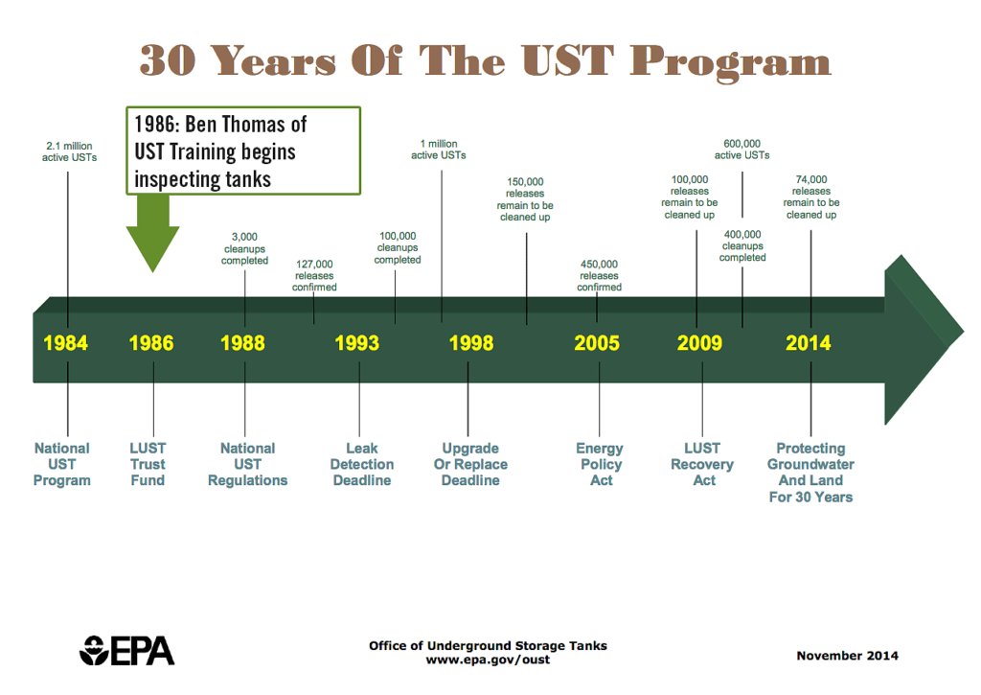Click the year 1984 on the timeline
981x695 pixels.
tap(66, 343)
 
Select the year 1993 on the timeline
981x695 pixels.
tap(356, 343)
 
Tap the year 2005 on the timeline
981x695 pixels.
tap(597, 343)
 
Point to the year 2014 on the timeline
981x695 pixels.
tap(809, 343)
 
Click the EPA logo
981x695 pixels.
tap(127, 651)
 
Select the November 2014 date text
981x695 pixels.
tap(847, 656)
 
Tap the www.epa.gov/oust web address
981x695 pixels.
tap(488, 660)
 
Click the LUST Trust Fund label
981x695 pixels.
tap(148, 464)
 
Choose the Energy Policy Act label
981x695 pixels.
tap(600, 464)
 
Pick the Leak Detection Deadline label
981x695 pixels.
tap(362, 464)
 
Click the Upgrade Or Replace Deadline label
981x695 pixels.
tap(470, 464)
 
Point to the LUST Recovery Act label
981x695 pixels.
tap(702, 464)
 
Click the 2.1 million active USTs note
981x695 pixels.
tap(69, 151)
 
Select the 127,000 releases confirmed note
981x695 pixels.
tap(314, 275)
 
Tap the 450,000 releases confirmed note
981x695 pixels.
tap(600, 275)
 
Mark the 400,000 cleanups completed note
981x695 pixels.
tap(742, 245)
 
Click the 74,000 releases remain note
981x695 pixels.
tap(811, 197)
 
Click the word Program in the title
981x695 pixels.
tap(730, 62)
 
